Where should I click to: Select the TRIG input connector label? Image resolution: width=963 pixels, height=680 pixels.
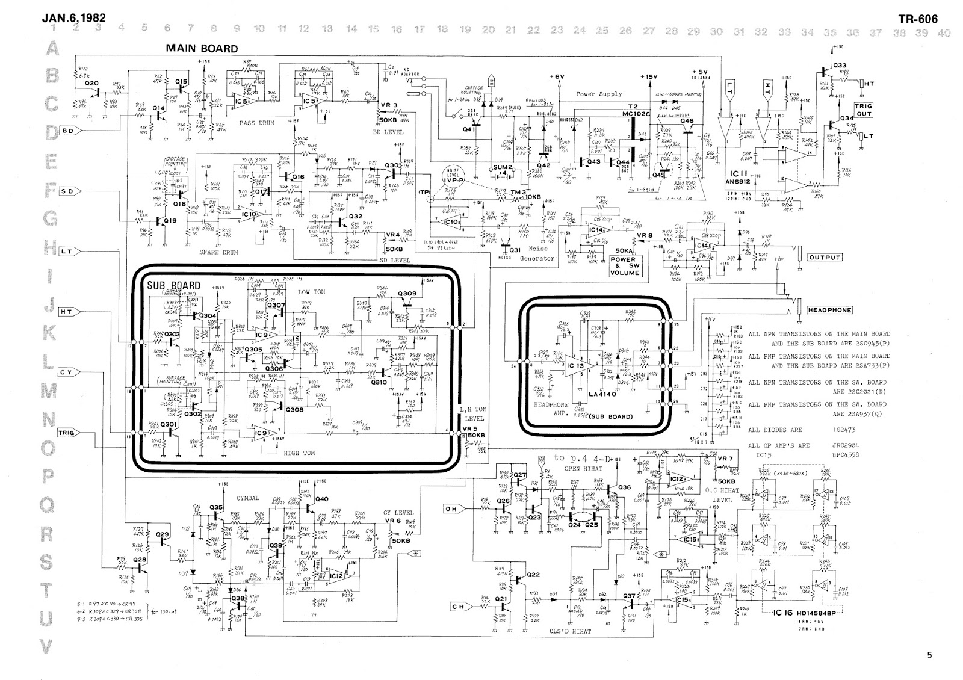click(66, 433)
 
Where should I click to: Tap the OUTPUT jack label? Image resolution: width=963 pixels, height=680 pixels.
click(824, 258)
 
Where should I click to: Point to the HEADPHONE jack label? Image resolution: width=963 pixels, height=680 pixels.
click(830, 310)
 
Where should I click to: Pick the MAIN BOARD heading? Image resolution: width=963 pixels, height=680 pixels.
click(202, 49)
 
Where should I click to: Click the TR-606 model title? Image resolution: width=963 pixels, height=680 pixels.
click(917, 19)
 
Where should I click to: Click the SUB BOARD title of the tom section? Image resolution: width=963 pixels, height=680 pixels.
click(173, 285)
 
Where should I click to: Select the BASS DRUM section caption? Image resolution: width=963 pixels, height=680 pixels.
click(256, 123)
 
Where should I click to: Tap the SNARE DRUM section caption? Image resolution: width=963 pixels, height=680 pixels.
click(218, 253)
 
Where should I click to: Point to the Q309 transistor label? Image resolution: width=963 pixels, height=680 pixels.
click(407, 294)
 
